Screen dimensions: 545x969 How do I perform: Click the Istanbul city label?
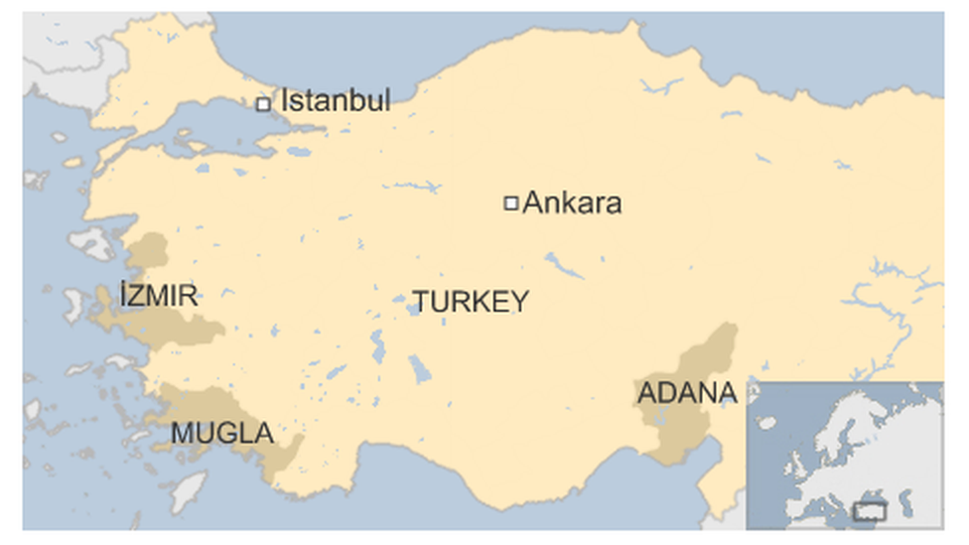point(336,100)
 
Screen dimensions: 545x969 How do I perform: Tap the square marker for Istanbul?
point(263,103)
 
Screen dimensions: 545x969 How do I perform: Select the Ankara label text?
point(572,204)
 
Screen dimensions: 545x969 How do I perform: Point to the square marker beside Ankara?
point(511,204)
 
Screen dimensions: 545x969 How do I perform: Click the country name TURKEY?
point(471,302)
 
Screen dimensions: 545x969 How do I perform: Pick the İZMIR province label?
point(158,295)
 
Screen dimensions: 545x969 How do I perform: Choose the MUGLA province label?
point(222,434)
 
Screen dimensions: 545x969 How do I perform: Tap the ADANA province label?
point(687,392)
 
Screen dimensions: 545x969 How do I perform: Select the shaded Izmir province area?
point(189,328)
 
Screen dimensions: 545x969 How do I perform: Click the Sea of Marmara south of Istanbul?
point(213,125)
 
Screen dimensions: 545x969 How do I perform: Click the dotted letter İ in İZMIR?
point(122,295)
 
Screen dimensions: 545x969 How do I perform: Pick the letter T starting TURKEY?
point(421,302)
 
